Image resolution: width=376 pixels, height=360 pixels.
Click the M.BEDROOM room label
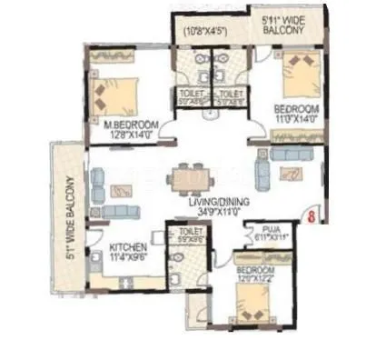click(x=132, y=125)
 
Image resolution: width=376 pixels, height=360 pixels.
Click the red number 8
click(x=312, y=217)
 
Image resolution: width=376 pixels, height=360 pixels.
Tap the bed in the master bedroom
click(x=114, y=90)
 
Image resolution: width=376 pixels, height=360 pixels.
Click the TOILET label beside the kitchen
click(x=190, y=233)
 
